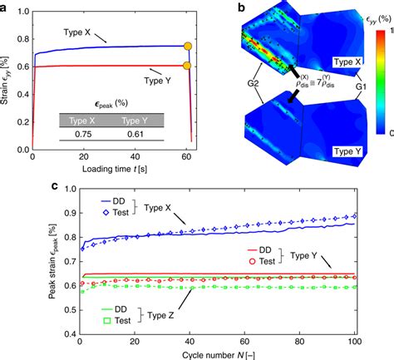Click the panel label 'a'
pos(7,7)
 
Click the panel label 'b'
pos(219,7)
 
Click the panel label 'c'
pos(7,188)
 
